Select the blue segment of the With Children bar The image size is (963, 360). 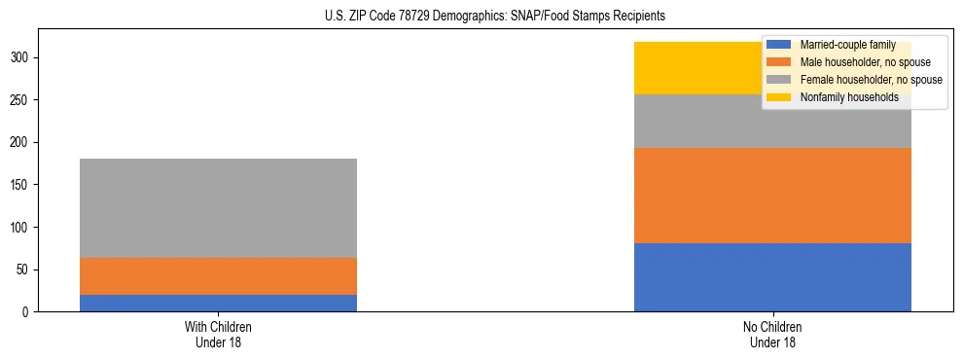218,303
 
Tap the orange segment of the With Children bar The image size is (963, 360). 218,276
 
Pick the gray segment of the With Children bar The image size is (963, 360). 218,208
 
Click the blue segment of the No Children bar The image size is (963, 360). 772,277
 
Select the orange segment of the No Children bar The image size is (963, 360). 772,196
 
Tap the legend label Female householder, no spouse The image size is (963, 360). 871,80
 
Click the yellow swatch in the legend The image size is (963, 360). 779,97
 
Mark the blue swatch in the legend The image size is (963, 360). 779,46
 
